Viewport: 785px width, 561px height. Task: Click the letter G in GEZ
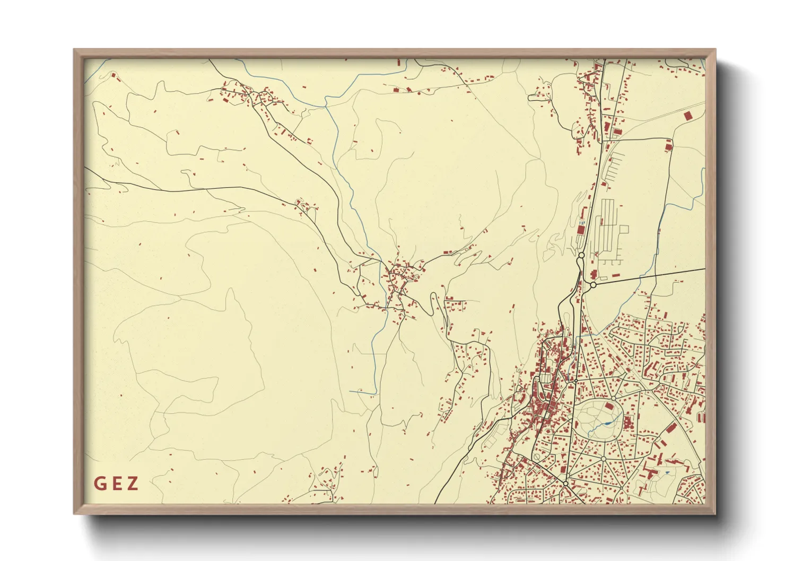pos(100,484)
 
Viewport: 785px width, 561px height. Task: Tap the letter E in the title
pos(116,484)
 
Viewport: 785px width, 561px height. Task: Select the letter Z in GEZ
pos(133,484)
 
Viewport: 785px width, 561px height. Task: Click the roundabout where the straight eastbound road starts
pos(593,285)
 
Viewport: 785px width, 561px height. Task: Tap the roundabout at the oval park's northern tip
pos(613,398)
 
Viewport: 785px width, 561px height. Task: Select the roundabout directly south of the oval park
pos(603,458)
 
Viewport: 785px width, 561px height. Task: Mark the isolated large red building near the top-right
pos(688,115)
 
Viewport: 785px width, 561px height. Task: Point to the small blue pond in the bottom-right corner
pos(667,472)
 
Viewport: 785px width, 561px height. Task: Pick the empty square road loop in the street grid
pos(624,229)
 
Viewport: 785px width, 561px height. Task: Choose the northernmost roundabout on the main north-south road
pos(581,256)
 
